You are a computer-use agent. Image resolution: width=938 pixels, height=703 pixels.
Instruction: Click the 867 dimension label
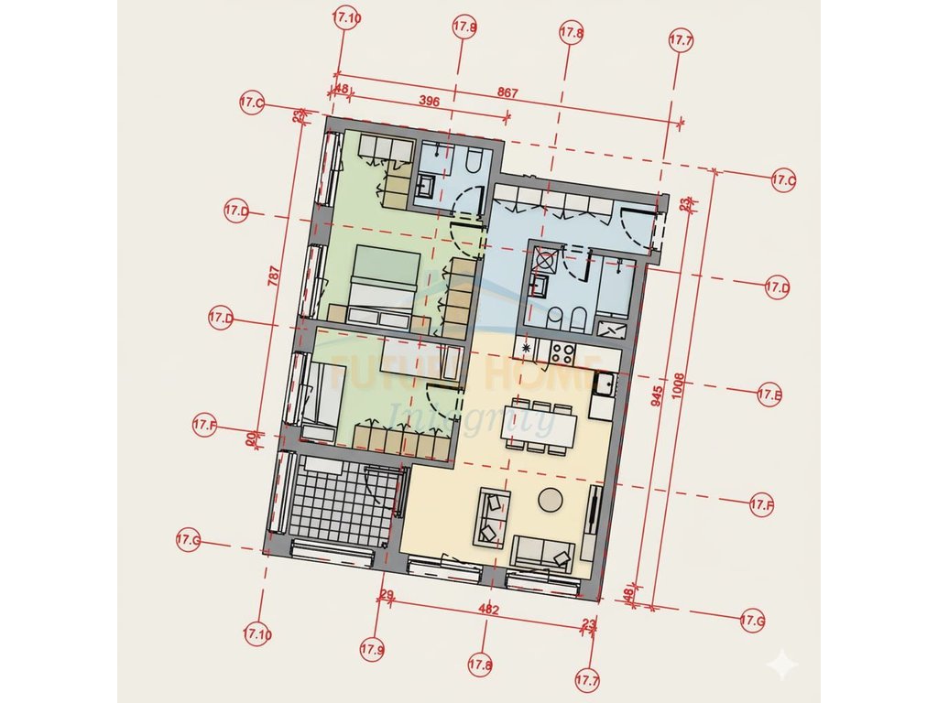[508, 92]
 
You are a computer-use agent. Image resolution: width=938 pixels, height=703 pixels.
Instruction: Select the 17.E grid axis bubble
[769, 395]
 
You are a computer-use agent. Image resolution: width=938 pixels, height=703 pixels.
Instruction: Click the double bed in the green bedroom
[385, 282]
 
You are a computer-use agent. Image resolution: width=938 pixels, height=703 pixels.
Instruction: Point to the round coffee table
[551, 500]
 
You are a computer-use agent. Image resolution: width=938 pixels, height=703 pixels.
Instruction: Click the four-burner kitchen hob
[562, 354]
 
